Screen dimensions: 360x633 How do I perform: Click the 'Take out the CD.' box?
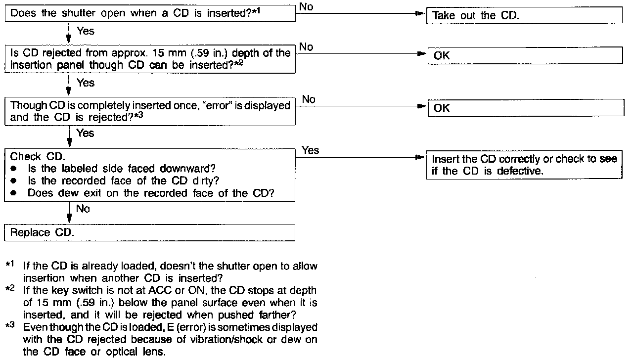click(524, 15)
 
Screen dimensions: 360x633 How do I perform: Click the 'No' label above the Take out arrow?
click(306, 6)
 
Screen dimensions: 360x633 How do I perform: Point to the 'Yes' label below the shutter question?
click(85, 31)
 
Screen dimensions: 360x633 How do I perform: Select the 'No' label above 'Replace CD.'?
click(83, 209)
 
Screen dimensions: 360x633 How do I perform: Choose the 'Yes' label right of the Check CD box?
click(310, 150)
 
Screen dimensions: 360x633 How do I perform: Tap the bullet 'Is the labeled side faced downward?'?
click(122, 169)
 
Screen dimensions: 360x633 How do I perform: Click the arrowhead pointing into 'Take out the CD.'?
click(421, 15)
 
